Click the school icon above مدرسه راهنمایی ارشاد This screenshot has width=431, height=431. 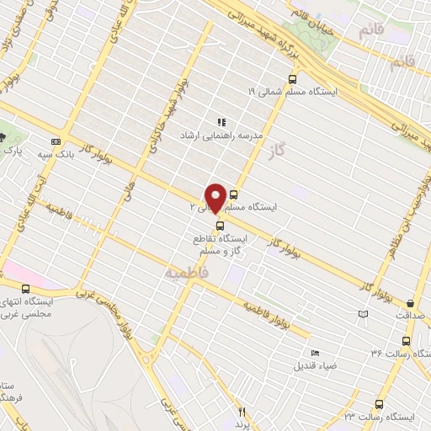[x=221, y=122]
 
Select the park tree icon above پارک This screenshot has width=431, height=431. [x=3, y=137]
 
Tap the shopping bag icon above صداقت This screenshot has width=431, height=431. [x=410, y=303]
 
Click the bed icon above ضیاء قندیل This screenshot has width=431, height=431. [x=315, y=354]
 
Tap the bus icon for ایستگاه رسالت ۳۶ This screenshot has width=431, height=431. [x=407, y=341]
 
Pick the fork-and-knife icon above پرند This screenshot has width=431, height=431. [x=242, y=412]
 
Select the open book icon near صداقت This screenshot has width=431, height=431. [x=364, y=314]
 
